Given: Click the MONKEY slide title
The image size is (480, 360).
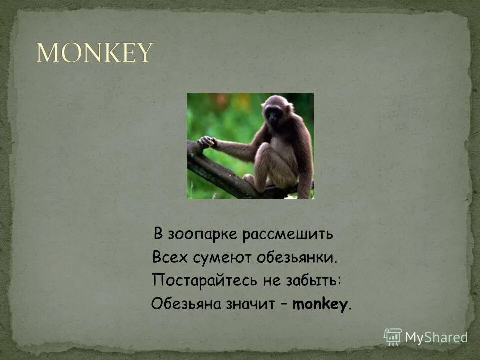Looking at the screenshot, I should click(94, 53).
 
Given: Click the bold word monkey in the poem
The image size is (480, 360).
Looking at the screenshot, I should click(319, 304).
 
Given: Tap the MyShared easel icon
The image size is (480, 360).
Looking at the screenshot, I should click(393, 337).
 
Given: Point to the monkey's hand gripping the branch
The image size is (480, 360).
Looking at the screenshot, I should click(207, 142).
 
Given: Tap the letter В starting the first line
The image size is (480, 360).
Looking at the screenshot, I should click(158, 234).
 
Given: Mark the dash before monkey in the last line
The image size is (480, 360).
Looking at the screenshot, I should click(283, 304).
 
